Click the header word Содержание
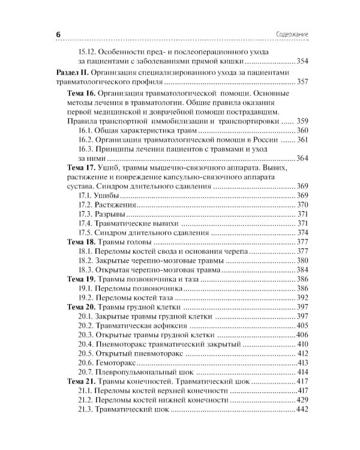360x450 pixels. [292, 35]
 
